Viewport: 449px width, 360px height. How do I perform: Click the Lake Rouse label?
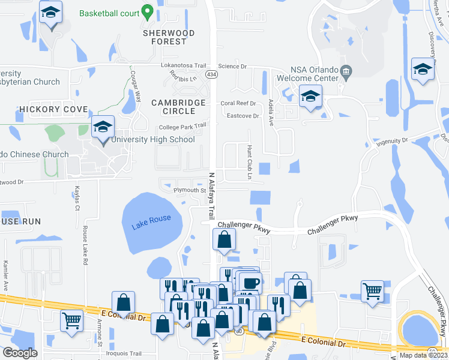[151, 219]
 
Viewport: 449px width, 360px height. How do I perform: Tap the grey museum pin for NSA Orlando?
[346, 73]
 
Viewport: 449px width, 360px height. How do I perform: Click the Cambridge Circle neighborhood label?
[178, 107]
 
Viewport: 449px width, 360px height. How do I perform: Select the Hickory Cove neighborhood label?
[53, 109]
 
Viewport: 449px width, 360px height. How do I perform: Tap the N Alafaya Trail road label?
[211, 196]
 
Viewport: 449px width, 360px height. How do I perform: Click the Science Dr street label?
[232, 66]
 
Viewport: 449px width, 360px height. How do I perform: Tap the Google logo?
[20, 353]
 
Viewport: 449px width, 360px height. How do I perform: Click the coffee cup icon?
[250, 282]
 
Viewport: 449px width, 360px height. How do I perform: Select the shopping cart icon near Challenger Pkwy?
[373, 290]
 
